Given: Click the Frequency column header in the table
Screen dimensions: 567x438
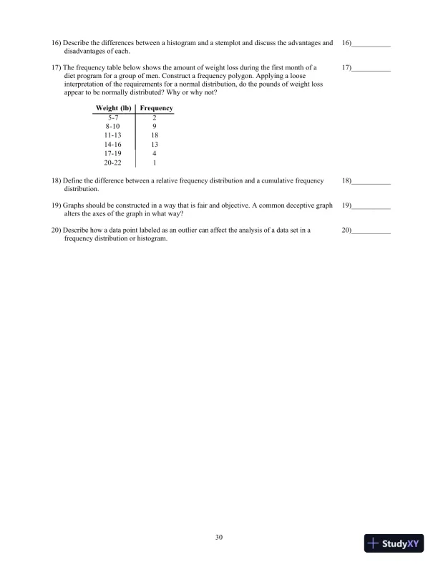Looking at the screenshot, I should click(x=156, y=108).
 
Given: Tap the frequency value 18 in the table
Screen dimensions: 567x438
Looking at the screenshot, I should click(x=155, y=135).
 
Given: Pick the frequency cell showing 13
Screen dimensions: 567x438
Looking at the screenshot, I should click(x=155, y=144).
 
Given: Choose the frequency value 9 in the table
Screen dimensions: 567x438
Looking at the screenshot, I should click(x=155, y=126).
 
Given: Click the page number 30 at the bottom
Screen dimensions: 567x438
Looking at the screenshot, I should click(x=219, y=535).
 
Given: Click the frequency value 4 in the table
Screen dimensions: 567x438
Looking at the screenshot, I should click(x=155, y=152).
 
